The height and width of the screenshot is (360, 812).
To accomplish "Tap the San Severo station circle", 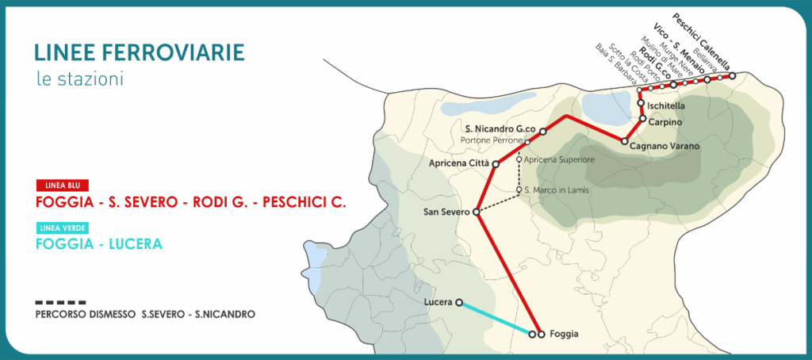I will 477,213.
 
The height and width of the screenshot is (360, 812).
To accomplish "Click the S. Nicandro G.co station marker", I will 543,131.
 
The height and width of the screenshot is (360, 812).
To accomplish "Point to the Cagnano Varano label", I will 665,147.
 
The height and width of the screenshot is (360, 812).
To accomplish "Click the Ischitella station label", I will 666,105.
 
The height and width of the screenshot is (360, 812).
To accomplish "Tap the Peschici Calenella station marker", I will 732,75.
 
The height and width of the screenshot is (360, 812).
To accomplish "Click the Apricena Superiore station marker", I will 519,159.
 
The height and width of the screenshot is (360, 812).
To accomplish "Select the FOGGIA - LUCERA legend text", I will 99,243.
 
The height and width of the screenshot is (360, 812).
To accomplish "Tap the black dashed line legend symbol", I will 60,303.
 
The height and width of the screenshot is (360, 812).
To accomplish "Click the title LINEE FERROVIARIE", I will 140,52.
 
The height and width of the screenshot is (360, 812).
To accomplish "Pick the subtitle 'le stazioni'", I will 80,79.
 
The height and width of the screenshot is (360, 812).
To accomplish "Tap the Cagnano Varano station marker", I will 624,141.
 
